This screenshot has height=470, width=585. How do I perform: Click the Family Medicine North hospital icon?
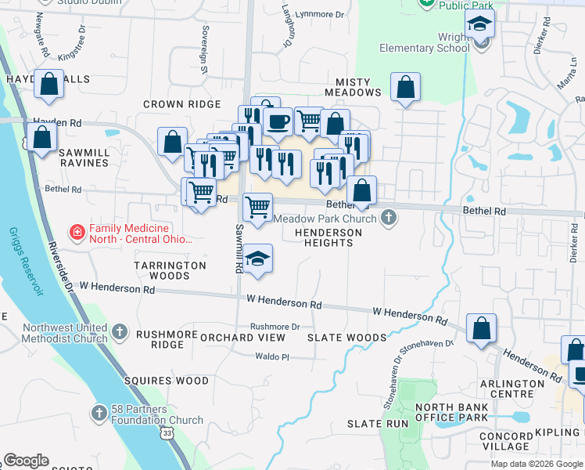click(x=77, y=231)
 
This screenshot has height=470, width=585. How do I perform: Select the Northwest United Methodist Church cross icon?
click(x=119, y=332)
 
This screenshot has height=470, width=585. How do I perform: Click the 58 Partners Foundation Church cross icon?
click(x=99, y=413)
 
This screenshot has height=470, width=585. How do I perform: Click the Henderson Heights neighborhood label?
click(x=328, y=237)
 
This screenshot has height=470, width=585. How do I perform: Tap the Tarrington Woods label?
click(x=170, y=270)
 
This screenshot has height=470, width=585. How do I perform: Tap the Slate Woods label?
click(x=346, y=338)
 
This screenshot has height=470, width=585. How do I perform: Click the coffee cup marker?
click(x=277, y=122)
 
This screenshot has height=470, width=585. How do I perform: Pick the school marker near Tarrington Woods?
click(x=257, y=260)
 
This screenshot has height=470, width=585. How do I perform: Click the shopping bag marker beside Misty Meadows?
click(x=405, y=88)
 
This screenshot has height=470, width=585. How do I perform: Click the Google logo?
click(x=26, y=461)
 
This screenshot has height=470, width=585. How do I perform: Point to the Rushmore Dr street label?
click(x=275, y=327)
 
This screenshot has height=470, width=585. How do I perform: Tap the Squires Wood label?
click(x=167, y=381)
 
